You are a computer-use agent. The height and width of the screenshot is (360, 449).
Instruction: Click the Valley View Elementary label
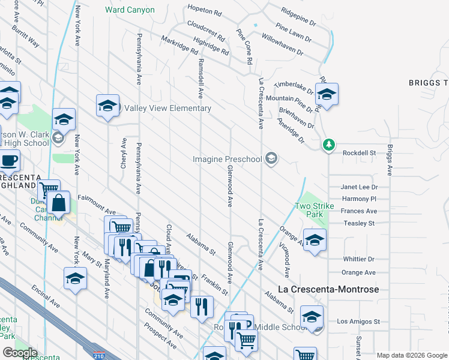coord(167,108)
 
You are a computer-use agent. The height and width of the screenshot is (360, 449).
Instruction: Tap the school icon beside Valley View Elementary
coord(107,106)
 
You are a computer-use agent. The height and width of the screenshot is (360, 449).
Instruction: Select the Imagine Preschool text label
coord(228,159)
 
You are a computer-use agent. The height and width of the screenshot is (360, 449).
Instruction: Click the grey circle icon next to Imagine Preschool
coord(271,158)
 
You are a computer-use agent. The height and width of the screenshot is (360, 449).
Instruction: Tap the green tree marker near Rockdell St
coord(328,145)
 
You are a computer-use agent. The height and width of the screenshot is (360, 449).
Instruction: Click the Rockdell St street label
coord(359,153)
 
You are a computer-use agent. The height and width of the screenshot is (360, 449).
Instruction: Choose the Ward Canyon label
coord(130,10)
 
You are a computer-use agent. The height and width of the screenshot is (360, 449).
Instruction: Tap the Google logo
coord(20,353)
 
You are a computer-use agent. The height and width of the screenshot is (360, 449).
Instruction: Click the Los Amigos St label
coord(358,322)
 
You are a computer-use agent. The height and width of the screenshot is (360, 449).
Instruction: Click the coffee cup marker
coord(8,161)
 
